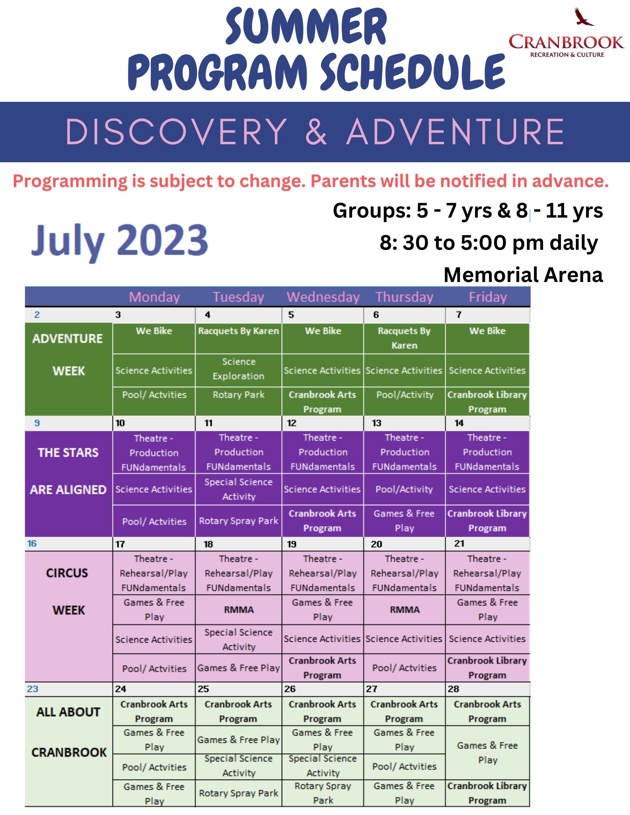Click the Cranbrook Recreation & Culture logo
pos(566,33)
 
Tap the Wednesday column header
pos(323,297)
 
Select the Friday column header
pos(488,297)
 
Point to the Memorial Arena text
pos(523,275)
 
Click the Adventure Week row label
pos(68,355)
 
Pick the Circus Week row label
pos(67,591)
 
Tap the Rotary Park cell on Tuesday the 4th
pos(239,394)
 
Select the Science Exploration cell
pos(239,369)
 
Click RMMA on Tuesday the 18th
pos(239,610)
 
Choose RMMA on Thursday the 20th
pos(405,610)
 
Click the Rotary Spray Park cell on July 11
pos(239,521)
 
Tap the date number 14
pos(459,423)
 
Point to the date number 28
pos(453,689)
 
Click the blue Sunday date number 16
pos(32,544)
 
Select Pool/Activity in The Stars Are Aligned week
pos(404,489)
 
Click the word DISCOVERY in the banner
pos(176,131)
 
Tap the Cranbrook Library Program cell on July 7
pos(487,402)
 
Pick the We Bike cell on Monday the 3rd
pos(154,331)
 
